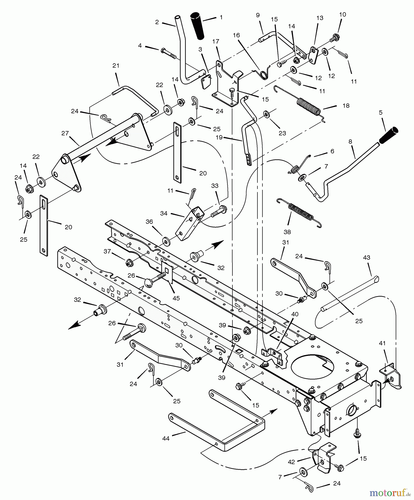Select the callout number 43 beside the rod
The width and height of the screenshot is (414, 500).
(x=367, y=257)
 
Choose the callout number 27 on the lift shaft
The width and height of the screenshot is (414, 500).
(x=65, y=134)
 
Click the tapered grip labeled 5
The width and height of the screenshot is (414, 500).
(x=389, y=135)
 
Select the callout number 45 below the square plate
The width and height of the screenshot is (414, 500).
(x=176, y=298)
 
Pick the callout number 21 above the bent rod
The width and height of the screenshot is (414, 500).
(x=116, y=66)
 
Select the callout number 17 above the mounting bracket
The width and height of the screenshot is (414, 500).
(x=216, y=41)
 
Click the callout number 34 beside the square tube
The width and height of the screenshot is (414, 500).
(x=164, y=213)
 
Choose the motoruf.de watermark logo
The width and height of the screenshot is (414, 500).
(x=388, y=492)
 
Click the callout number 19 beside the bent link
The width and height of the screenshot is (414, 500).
(x=219, y=137)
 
